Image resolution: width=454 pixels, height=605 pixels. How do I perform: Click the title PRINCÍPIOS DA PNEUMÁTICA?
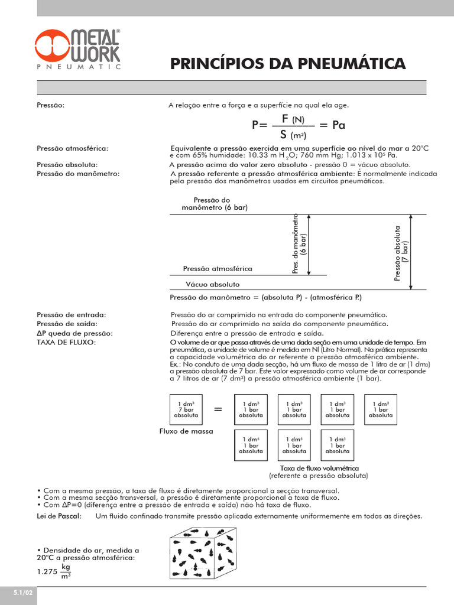pos(288,64)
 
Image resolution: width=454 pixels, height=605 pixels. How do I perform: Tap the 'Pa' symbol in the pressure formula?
pos(339,125)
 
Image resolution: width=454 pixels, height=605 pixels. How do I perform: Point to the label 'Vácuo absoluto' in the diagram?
pos(213,284)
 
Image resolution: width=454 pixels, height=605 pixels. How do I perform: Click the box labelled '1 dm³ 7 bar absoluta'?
pos(186,409)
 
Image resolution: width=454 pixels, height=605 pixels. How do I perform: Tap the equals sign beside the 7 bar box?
pos(218,409)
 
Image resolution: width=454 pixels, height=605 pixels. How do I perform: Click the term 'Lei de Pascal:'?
pos(59,516)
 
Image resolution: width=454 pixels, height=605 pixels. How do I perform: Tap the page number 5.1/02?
pos(18,591)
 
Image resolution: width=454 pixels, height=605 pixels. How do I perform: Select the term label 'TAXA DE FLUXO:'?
pos(66,343)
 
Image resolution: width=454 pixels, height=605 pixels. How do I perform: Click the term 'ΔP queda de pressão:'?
pos(74,333)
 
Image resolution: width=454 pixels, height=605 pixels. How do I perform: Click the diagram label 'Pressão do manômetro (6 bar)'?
pos(215,204)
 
